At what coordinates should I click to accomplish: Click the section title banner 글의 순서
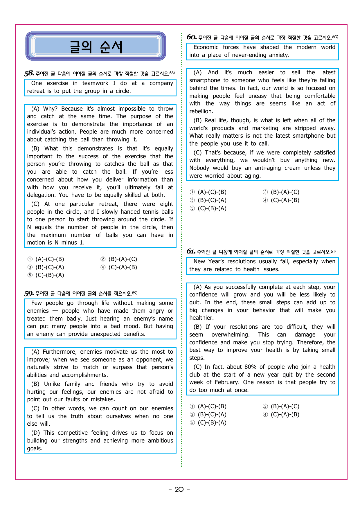(96, 46)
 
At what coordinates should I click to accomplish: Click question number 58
(29, 73)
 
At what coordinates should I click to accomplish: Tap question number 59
(29, 294)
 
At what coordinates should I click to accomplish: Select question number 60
(191, 37)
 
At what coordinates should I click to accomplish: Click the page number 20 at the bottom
(179, 489)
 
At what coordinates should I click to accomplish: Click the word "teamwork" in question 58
(95, 83)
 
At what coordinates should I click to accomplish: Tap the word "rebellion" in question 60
(201, 111)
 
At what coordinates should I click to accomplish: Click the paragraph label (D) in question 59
(35, 433)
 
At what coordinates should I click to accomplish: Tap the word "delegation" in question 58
(41, 195)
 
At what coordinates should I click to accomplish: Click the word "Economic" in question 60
(206, 47)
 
